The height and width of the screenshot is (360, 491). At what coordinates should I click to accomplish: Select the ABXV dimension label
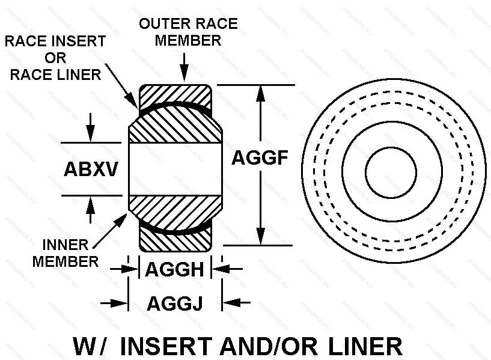pyautogui.click(x=91, y=169)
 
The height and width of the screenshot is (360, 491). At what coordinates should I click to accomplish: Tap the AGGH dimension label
pyautogui.click(x=174, y=269)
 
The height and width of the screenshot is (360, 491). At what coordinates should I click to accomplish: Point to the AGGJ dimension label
pyautogui.click(x=174, y=304)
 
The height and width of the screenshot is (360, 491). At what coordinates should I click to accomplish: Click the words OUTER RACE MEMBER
pyautogui.click(x=188, y=32)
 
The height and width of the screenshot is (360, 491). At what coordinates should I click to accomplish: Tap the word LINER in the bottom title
pyautogui.click(x=365, y=346)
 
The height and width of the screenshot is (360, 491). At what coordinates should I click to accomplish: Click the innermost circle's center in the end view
pyautogui.click(x=391, y=171)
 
